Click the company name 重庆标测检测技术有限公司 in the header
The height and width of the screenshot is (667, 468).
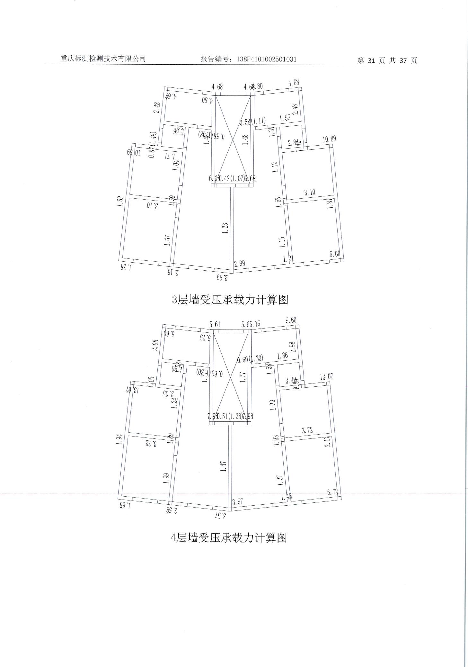[103, 59]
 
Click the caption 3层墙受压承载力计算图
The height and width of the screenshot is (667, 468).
[230, 300]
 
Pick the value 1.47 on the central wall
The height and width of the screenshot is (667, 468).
[224, 467]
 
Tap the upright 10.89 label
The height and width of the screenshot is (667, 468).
[329, 139]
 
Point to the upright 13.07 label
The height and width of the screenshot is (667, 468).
[326, 377]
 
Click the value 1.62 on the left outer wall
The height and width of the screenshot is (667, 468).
[120, 203]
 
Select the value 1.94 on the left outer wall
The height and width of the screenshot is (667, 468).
[119, 440]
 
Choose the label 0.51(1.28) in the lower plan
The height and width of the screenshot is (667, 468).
[230, 417]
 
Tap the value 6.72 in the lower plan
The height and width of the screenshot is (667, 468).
[333, 492]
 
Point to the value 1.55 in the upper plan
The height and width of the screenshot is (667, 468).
[285, 118]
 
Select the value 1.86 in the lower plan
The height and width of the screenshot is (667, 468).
[283, 356]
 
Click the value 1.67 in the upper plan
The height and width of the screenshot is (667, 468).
[167, 240]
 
